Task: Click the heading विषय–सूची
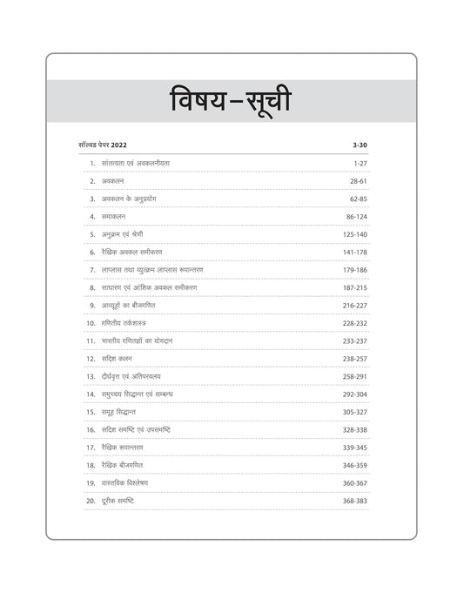click(232, 104)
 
